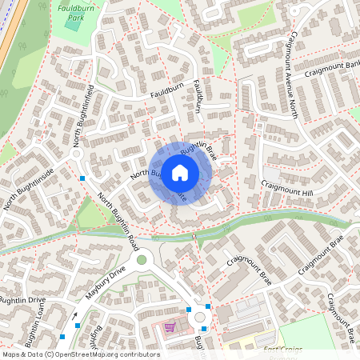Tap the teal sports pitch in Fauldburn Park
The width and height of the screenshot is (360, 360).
(73, 23)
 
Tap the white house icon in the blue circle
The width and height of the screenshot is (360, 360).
(180, 173)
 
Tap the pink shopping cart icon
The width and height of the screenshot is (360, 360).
(169, 326)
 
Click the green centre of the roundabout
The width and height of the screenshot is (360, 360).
(142, 259)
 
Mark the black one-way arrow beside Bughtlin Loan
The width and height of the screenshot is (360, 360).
(76, 315)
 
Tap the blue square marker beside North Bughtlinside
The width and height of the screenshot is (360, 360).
(82, 177)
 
